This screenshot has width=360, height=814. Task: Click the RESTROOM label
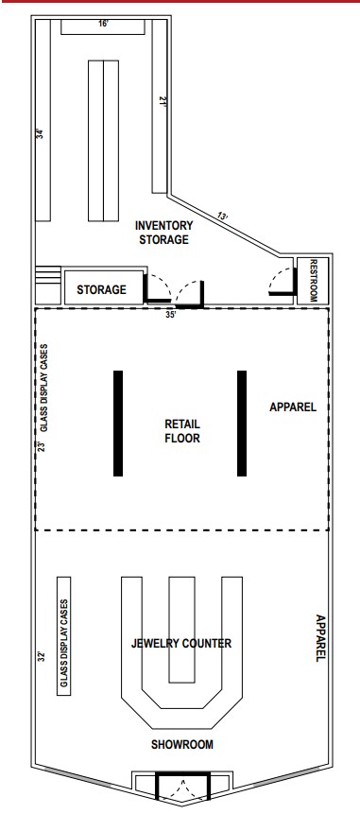[x=314, y=281]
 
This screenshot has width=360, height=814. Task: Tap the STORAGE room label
[x=102, y=289]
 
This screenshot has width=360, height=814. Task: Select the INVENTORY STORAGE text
[x=163, y=233]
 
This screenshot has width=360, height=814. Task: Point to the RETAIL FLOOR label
[x=182, y=431]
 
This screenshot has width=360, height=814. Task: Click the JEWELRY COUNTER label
[x=181, y=644]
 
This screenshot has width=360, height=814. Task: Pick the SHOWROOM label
[x=182, y=744]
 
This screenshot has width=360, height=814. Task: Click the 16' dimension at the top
[x=104, y=24]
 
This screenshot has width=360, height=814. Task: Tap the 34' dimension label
[x=41, y=133]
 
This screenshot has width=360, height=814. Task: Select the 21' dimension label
[x=162, y=102]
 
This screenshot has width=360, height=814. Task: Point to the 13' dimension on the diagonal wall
[x=223, y=216]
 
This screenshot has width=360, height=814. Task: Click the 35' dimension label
[x=171, y=314]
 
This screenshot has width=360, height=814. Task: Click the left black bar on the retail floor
[x=118, y=424]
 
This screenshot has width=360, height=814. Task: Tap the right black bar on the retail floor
[x=242, y=424]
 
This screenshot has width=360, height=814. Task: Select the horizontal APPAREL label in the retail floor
[x=293, y=407]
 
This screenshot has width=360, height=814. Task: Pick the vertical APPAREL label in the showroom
[x=321, y=638]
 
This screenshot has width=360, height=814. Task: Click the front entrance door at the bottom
[x=182, y=787]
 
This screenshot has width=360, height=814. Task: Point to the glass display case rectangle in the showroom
[x=64, y=636]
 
